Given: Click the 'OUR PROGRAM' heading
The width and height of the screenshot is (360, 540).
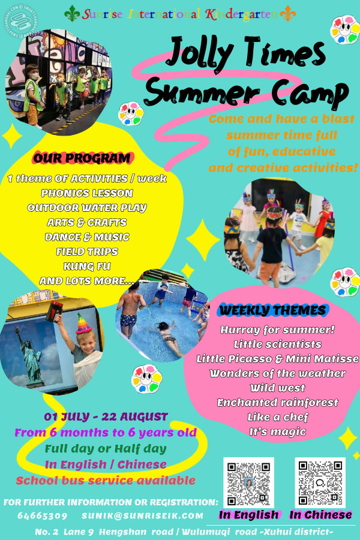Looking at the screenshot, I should click(82, 159).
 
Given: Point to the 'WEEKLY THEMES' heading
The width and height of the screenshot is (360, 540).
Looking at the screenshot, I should click(273, 310).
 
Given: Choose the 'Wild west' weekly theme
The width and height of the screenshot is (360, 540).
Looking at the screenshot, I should click(277, 388).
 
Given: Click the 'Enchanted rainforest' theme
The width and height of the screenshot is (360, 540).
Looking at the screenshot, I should click(277, 402).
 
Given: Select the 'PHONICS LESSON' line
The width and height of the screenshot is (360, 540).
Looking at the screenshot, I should click(87, 193).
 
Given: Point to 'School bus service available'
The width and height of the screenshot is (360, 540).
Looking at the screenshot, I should click(106, 480).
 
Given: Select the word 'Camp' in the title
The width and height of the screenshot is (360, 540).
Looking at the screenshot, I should click(308, 93).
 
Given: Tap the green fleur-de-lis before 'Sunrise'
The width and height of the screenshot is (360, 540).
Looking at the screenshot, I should click(73, 13).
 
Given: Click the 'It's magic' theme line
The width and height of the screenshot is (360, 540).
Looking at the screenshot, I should click(277, 431).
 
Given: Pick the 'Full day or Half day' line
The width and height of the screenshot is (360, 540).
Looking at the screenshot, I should click(106, 448).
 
